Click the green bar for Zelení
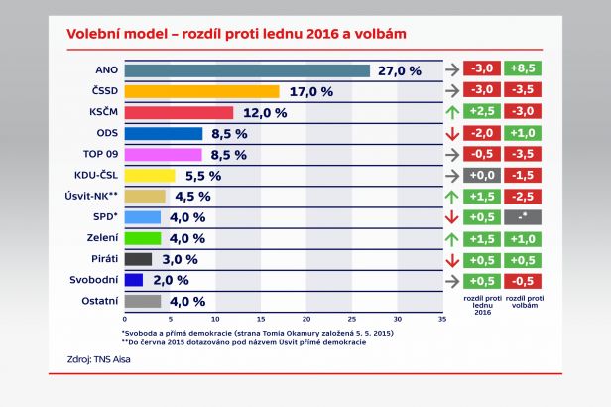pyautogui.click(x=143, y=238)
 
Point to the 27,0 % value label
pyautogui.click(x=399, y=70)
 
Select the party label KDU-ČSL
pyautogui.click(x=96, y=176)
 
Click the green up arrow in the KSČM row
pyautogui.click(x=452, y=112)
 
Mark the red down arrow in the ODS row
pyautogui.click(x=452, y=133)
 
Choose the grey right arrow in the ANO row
pyautogui.click(x=452, y=69)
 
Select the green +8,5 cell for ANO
pyautogui.click(x=522, y=69)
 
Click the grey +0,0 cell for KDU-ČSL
pyautogui.click(x=484, y=175)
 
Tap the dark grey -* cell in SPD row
pyautogui.click(x=522, y=217)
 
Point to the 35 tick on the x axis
pyautogui.click(x=441, y=320)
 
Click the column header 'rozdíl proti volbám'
pyautogui.click(x=522, y=302)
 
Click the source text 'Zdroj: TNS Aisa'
pyautogui.click(x=99, y=359)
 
